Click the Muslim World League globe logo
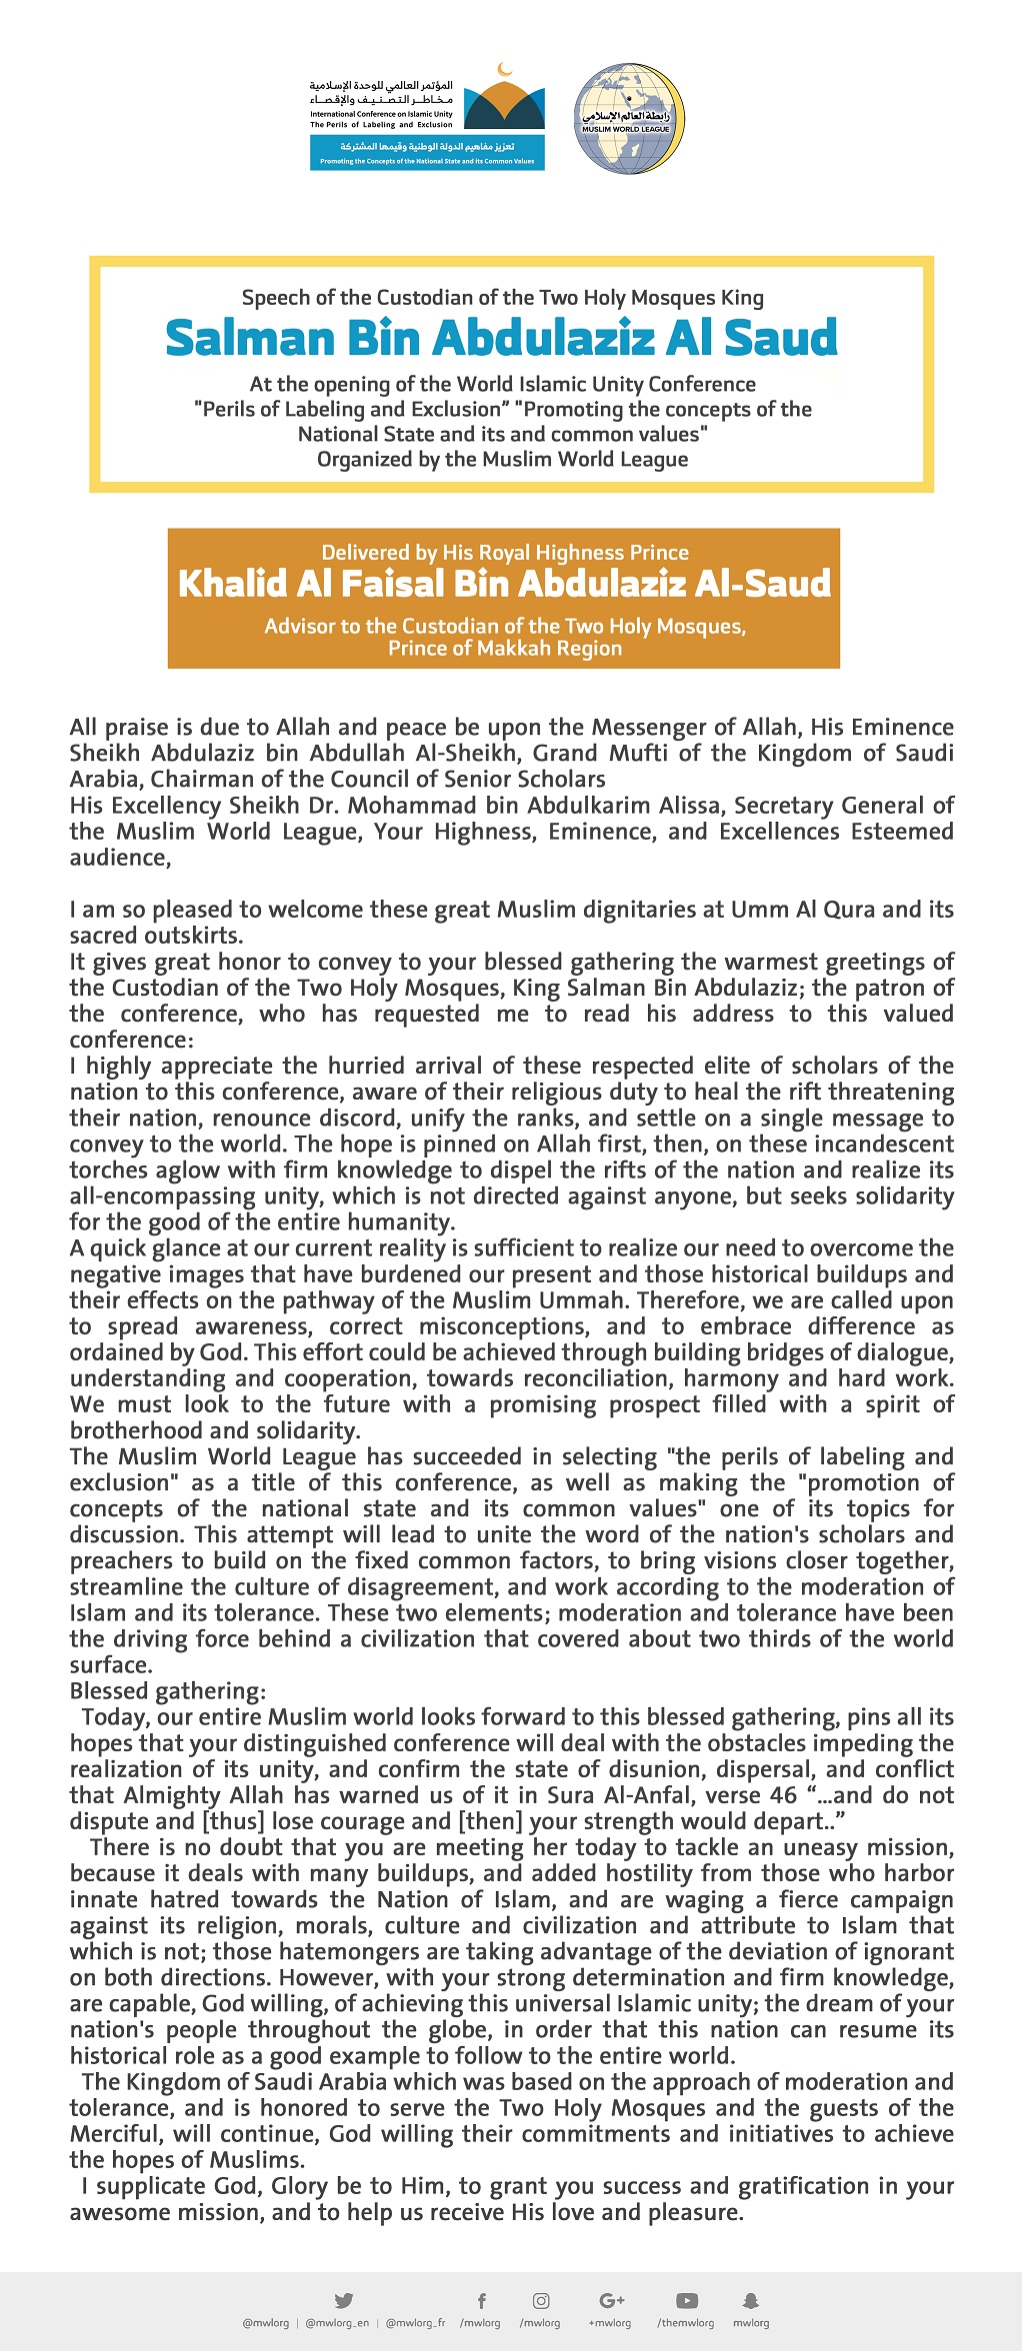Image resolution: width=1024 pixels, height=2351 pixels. pos(628,119)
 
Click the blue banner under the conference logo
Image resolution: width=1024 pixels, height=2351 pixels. pos(427,153)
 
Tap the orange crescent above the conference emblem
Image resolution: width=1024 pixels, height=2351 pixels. pos(505,70)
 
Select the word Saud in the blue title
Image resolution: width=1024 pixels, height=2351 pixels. pos(780,338)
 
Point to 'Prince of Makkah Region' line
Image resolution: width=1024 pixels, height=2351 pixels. pos(505,649)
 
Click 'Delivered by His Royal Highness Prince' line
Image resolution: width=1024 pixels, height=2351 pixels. pos(505,553)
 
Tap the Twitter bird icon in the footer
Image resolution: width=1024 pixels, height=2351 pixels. pos(344,2300)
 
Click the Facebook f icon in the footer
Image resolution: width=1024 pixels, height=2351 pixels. pos(481,2300)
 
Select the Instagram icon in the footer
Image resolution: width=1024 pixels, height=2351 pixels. pos(540,2300)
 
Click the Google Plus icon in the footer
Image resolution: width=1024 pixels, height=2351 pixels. pos(611,2300)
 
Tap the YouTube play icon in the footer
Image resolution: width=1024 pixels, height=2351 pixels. pos(687,2300)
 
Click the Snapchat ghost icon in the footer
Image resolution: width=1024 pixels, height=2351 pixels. pos(751,2300)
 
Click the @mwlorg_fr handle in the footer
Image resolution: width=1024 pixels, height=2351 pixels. pos(415,2323)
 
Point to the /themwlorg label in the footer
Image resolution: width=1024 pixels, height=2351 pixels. pos(686,2323)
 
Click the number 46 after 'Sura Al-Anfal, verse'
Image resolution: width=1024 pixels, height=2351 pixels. pos(784,1795)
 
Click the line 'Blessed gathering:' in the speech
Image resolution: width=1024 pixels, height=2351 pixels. pos(168,1691)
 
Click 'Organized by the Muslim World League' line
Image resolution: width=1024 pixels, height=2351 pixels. pos(503,460)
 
